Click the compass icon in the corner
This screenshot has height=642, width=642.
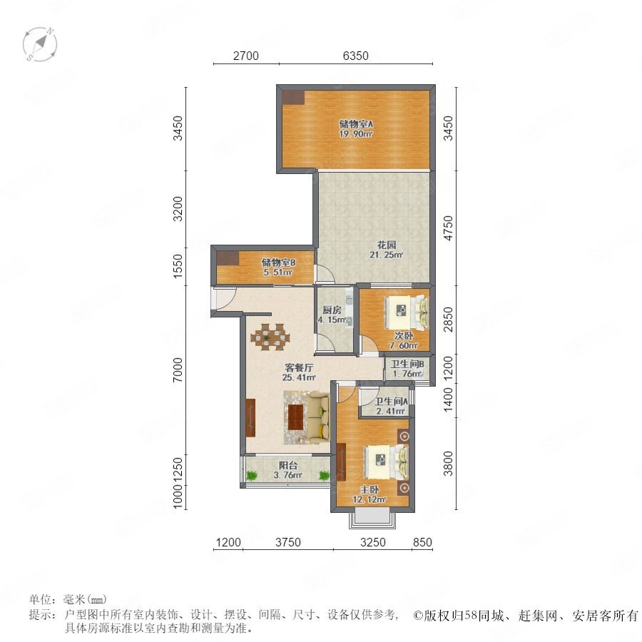point(40,44)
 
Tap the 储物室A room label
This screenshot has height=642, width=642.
point(356,123)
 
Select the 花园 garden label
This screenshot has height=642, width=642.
point(387,245)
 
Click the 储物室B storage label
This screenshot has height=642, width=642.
point(278,263)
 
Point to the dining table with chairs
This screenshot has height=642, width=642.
point(270,337)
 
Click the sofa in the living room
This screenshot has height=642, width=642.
point(319,417)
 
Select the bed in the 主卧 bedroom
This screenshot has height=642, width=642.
point(387,462)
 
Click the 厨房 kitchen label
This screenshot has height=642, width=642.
point(332,310)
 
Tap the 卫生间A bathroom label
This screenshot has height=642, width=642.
point(391,402)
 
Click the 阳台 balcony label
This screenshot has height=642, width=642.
point(288,466)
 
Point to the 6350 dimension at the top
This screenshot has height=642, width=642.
point(356,56)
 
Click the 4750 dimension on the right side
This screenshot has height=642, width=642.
point(449,228)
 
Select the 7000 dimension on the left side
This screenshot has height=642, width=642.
point(178,370)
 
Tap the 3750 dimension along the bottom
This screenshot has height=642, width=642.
point(288,542)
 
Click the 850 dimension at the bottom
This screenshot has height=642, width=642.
point(422,542)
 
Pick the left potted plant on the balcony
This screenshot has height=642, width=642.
point(251,475)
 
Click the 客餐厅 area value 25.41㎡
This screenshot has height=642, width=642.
point(299,377)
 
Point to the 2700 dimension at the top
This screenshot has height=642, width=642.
point(246,56)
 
